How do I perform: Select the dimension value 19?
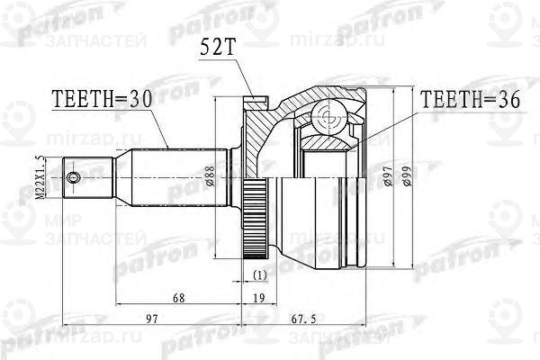(258, 298)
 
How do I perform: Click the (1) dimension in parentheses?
(259, 274)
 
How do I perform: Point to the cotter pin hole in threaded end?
(76, 176)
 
